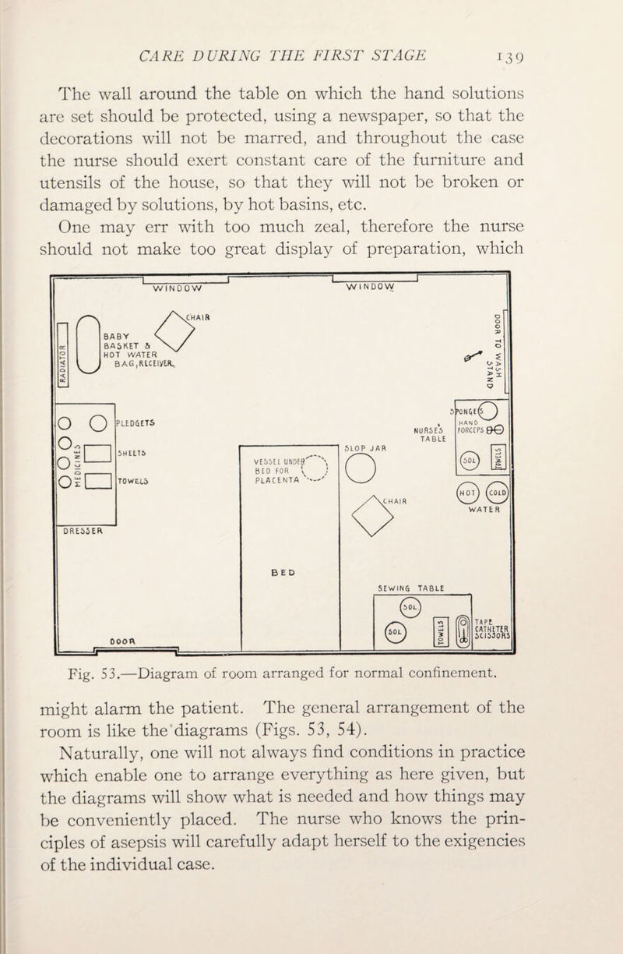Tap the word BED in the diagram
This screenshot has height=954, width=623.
pos(307,592)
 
